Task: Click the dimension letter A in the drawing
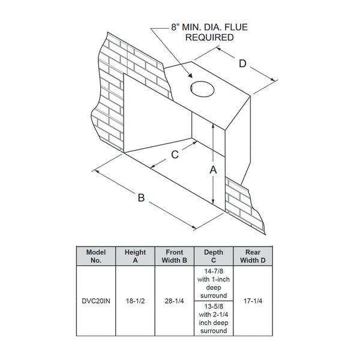pyautogui.click(x=213, y=170)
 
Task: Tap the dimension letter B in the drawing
pyautogui.click(x=141, y=197)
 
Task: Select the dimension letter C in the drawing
pyautogui.click(x=175, y=155)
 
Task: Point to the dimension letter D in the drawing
pyautogui.click(x=242, y=64)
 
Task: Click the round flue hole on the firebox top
pyautogui.click(x=202, y=89)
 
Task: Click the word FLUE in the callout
pyautogui.click(x=236, y=28)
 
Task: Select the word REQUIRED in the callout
pyautogui.click(x=209, y=37)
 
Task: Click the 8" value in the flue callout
pyautogui.click(x=175, y=28)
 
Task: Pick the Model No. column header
pyautogui.click(x=96, y=256)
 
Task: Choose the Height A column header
pyautogui.click(x=135, y=256)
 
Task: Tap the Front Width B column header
pyautogui.click(x=175, y=256)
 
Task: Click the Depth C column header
pyautogui.click(x=214, y=256)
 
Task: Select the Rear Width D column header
pyautogui.click(x=253, y=256)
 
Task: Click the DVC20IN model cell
pyautogui.click(x=96, y=301)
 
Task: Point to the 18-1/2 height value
pyautogui.click(x=135, y=301)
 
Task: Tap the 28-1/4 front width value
pyautogui.click(x=174, y=301)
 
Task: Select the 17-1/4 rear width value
pyautogui.click(x=253, y=301)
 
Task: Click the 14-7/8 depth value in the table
pyautogui.click(x=214, y=271)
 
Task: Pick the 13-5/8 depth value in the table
pyautogui.click(x=214, y=307)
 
